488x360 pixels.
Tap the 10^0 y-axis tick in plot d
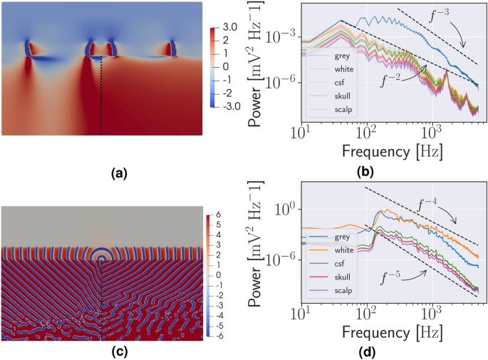point(289,210)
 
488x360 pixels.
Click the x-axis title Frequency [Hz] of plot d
point(388,330)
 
